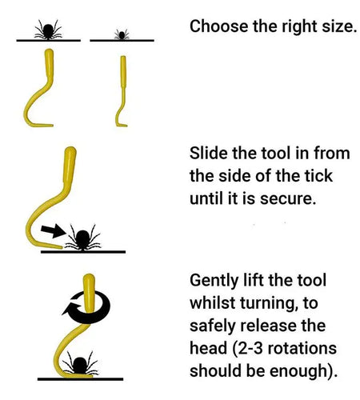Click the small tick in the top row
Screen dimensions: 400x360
121,34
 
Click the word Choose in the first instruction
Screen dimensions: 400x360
214,26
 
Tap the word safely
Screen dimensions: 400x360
212,326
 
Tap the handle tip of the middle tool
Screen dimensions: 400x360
70,152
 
